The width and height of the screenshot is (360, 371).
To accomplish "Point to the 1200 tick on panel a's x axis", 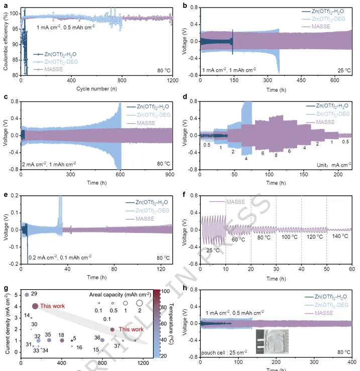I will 173,80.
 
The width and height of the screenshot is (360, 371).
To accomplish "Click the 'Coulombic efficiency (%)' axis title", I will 6,41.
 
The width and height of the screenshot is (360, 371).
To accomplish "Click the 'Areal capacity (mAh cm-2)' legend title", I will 118,294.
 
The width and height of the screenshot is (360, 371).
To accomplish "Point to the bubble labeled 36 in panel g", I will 102,340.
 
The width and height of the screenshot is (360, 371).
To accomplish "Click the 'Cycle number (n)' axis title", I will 96,88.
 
